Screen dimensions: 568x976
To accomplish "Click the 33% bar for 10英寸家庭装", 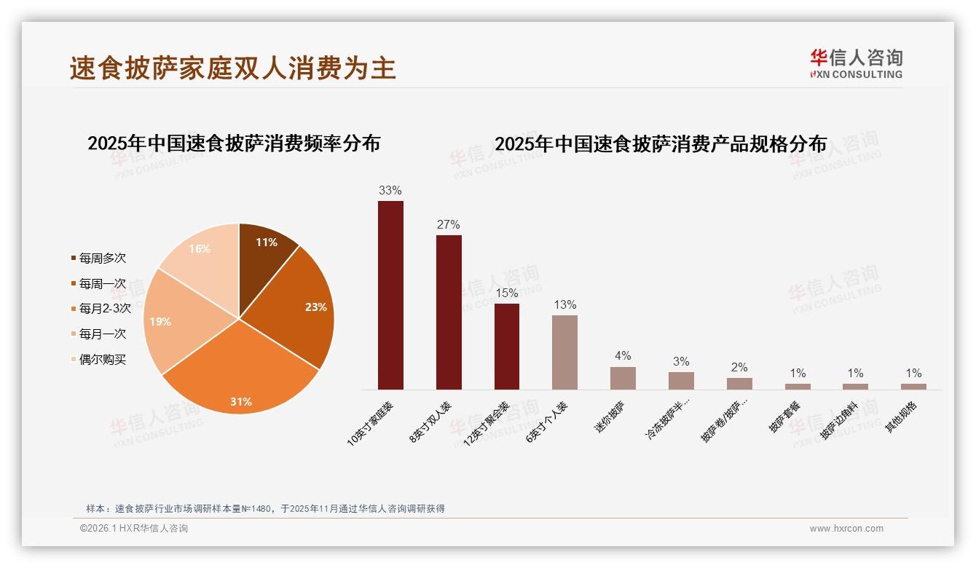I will [x=390, y=295].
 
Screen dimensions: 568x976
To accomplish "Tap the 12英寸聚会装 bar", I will [x=507, y=346].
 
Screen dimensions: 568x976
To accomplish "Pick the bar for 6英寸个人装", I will [x=564, y=352].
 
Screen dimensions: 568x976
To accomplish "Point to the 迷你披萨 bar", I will [x=623, y=378].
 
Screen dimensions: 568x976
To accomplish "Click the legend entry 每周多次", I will [x=102, y=258].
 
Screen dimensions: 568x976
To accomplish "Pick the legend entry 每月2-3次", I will [x=105, y=308].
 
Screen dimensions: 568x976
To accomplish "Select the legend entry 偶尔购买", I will [x=102, y=359].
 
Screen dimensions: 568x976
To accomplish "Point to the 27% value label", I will [x=448, y=225].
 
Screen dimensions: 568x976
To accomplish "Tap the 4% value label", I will [x=623, y=356].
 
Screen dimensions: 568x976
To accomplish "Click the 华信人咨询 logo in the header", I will [x=856, y=63].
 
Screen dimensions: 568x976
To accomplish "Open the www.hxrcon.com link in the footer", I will [x=846, y=529].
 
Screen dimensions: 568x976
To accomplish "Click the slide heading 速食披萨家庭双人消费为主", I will [x=233, y=68].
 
